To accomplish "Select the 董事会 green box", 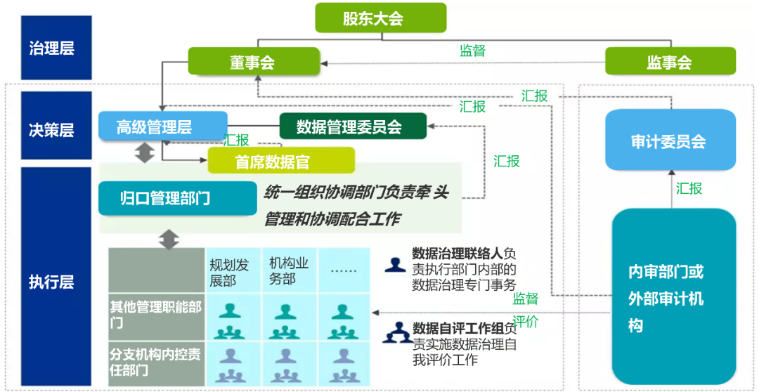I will pyautogui.click(x=251, y=61).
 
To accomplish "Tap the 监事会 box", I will pyautogui.click(x=670, y=61).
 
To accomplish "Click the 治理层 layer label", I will pyautogui.click(x=51, y=48).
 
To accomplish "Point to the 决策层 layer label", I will pyautogui.click(x=51, y=129).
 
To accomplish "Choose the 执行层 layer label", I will pyautogui.click(x=51, y=281).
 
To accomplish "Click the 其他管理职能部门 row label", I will pyautogui.click(x=156, y=315).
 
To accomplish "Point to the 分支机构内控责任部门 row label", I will pyautogui.click(x=156, y=361).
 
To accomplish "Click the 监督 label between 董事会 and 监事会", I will pyautogui.click(x=472, y=50).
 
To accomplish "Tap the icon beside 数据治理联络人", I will pyautogui.click(x=396, y=265).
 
